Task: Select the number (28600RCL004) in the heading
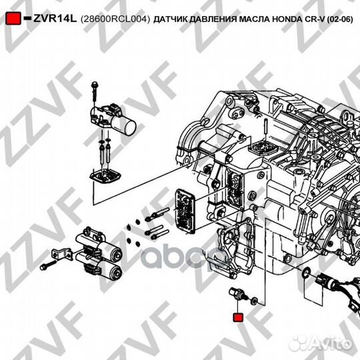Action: click(x=115, y=20)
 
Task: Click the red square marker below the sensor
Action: click(x=237, y=317)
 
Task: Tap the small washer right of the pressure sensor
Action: click(x=254, y=301)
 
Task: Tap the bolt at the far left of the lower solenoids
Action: click(x=46, y=266)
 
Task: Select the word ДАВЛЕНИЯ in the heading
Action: click(x=213, y=20)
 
